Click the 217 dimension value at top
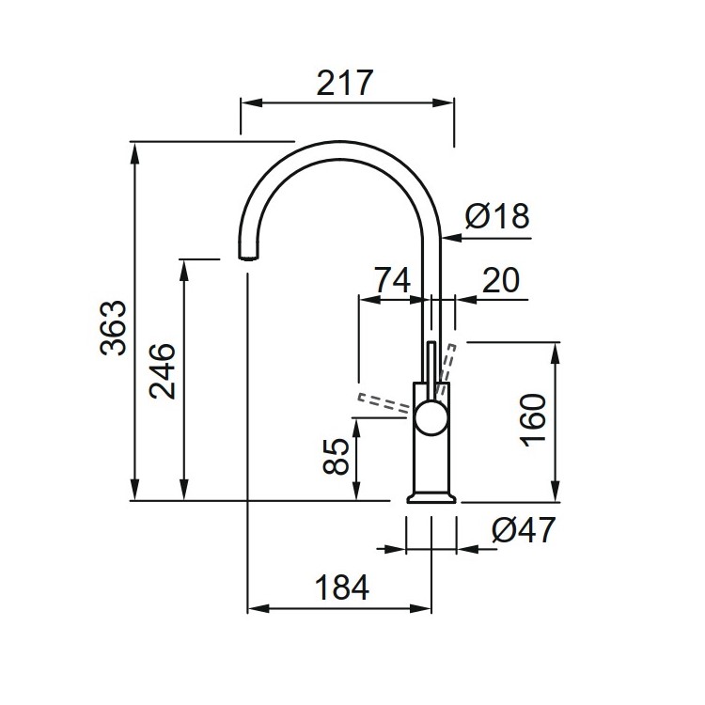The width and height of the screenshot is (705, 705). (346, 83)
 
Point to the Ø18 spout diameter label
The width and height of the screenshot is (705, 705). (498, 217)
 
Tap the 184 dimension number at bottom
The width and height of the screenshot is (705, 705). (340, 587)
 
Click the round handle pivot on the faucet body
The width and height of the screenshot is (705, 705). (431, 415)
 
